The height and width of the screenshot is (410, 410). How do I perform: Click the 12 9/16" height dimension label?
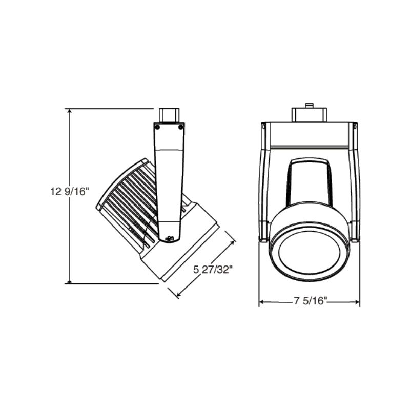pyautogui.click(x=68, y=192)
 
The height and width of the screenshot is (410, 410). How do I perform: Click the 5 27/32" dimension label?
pyautogui.click(x=213, y=270)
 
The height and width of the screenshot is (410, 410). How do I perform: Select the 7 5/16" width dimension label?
pyautogui.click(x=310, y=301)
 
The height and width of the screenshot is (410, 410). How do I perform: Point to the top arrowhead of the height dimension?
pyautogui.click(x=69, y=111)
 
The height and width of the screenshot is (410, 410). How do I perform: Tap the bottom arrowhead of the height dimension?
pyautogui.click(x=69, y=281)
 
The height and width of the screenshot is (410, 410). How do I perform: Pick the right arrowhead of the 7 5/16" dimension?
pyautogui.click(x=357, y=302)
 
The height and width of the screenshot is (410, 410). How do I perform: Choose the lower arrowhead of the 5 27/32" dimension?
pyautogui.click(x=178, y=294)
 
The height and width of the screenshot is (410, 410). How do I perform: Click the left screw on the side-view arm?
pyautogui.click(x=157, y=127)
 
